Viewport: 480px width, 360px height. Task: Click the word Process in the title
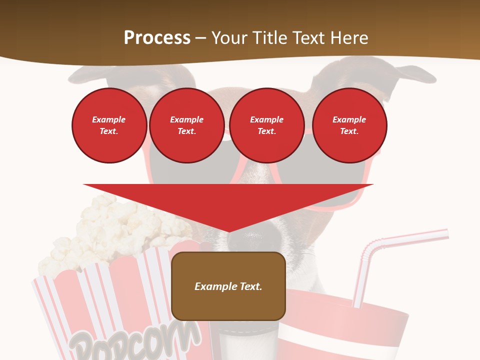tap(157, 38)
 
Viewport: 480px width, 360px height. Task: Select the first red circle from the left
tap(109, 125)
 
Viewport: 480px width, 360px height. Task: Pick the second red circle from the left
tap(186, 125)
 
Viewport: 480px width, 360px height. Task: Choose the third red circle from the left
tap(266, 125)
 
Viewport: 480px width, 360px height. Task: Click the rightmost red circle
tap(349, 125)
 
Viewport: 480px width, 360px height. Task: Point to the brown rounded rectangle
tap(228, 305)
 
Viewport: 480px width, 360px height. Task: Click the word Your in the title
tap(229, 38)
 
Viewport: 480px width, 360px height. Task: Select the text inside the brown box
tap(228, 286)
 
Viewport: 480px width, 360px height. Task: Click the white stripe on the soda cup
tap(340, 340)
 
